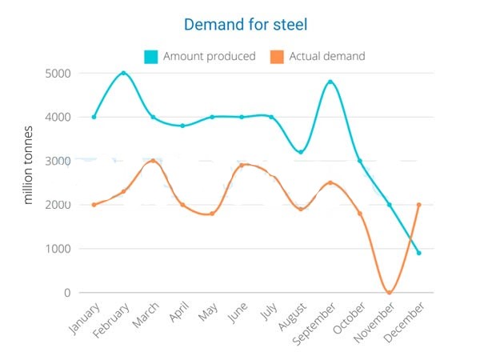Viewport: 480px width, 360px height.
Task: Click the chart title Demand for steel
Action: pyautogui.click(x=246, y=25)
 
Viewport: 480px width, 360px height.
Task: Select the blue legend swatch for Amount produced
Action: pyautogui.click(x=151, y=57)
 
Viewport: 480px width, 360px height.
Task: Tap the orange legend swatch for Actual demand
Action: pyautogui.click(x=277, y=57)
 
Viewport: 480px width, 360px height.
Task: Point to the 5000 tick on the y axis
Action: pyautogui.click(x=58, y=74)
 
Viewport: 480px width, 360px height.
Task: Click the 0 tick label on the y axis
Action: pyautogui.click(x=67, y=293)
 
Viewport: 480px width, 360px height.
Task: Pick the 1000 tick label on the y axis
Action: pyautogui.click(x=58, y=249)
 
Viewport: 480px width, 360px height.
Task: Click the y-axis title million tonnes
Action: pyautogui.click(x=28, y=165)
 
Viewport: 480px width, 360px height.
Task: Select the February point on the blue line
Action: pyautogui.click(x=123, y=73)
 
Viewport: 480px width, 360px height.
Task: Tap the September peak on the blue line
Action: pyautogui.click(x=330, y=82)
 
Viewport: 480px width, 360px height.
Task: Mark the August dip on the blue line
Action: pyautogui.click(x=301, y=152)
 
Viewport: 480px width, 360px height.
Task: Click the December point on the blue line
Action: pyautogui.click(x=418, y=253)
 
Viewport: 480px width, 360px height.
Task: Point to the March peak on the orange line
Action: pyautogui.click(x=153, y=161)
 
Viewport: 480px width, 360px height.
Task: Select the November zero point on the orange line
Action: pyautogui.click(x=390, y=293)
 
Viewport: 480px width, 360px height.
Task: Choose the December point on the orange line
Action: pyautogui.click(x=418, y=205)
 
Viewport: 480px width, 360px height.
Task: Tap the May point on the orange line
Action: pyautogui.click(x=212, y=214)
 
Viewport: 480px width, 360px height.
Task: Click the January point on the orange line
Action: pyautogui.click(x=94, y=205)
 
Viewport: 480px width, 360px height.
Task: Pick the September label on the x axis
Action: pyautogui.click(x=314, y=323)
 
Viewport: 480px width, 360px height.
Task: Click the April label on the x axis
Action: pyautogui.click(x=179, y=311)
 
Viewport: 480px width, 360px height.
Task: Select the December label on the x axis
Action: pyautogui.click(x=404, y=322)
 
